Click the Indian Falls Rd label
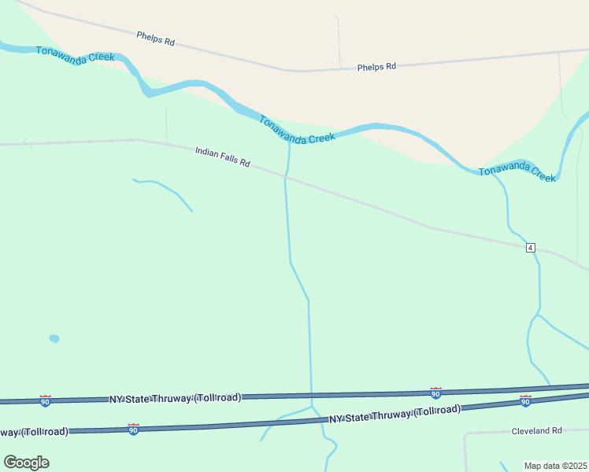tap(222, 157)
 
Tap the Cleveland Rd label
tap(536, 430)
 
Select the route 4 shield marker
tap(531, 248)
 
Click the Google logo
tap(26, 462)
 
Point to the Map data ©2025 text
tap(555, 466)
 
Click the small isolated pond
tap(54, 338)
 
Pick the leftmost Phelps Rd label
tap(155, 39)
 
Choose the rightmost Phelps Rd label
tap(376, 67)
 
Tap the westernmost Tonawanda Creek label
tap(76, 57)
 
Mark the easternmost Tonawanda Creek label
tap(517, 172)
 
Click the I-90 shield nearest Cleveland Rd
tap(525, 401)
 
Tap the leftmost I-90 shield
tap(45, 401)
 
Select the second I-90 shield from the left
tap(133, 430)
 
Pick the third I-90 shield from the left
tap(435, 393)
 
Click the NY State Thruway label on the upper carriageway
tap(175, 399)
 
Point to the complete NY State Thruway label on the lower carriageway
tap(395, 414)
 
